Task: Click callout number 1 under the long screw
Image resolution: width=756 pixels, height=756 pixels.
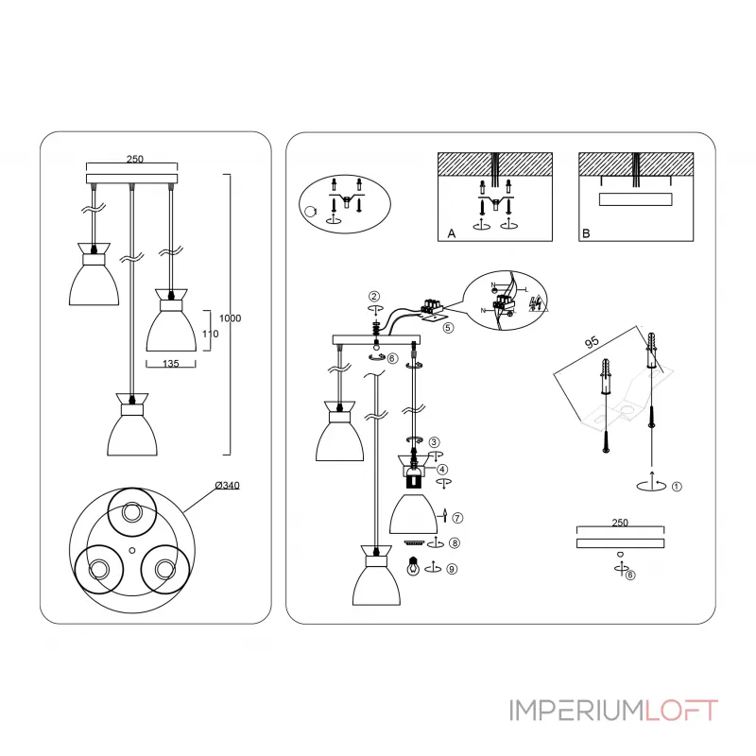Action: (677, 488)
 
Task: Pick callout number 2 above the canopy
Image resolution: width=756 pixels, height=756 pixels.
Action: (374, 296)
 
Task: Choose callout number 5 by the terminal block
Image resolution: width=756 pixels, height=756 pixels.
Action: (448, 328)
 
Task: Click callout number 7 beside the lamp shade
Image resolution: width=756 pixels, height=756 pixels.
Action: (456, 517)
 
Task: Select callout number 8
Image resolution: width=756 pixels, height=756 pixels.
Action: (455, 542)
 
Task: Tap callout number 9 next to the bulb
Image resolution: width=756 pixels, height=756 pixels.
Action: (453, 569)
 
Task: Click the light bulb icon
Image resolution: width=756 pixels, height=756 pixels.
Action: (412, 568)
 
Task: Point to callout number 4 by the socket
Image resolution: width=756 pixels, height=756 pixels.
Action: (442, 469)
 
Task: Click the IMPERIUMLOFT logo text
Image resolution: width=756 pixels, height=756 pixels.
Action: (614, 709)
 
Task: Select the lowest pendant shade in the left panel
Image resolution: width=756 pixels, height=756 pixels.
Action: (133, 431)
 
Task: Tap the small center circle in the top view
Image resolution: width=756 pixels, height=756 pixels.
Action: (133, 549)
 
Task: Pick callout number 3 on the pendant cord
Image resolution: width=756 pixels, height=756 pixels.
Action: (434, 442)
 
